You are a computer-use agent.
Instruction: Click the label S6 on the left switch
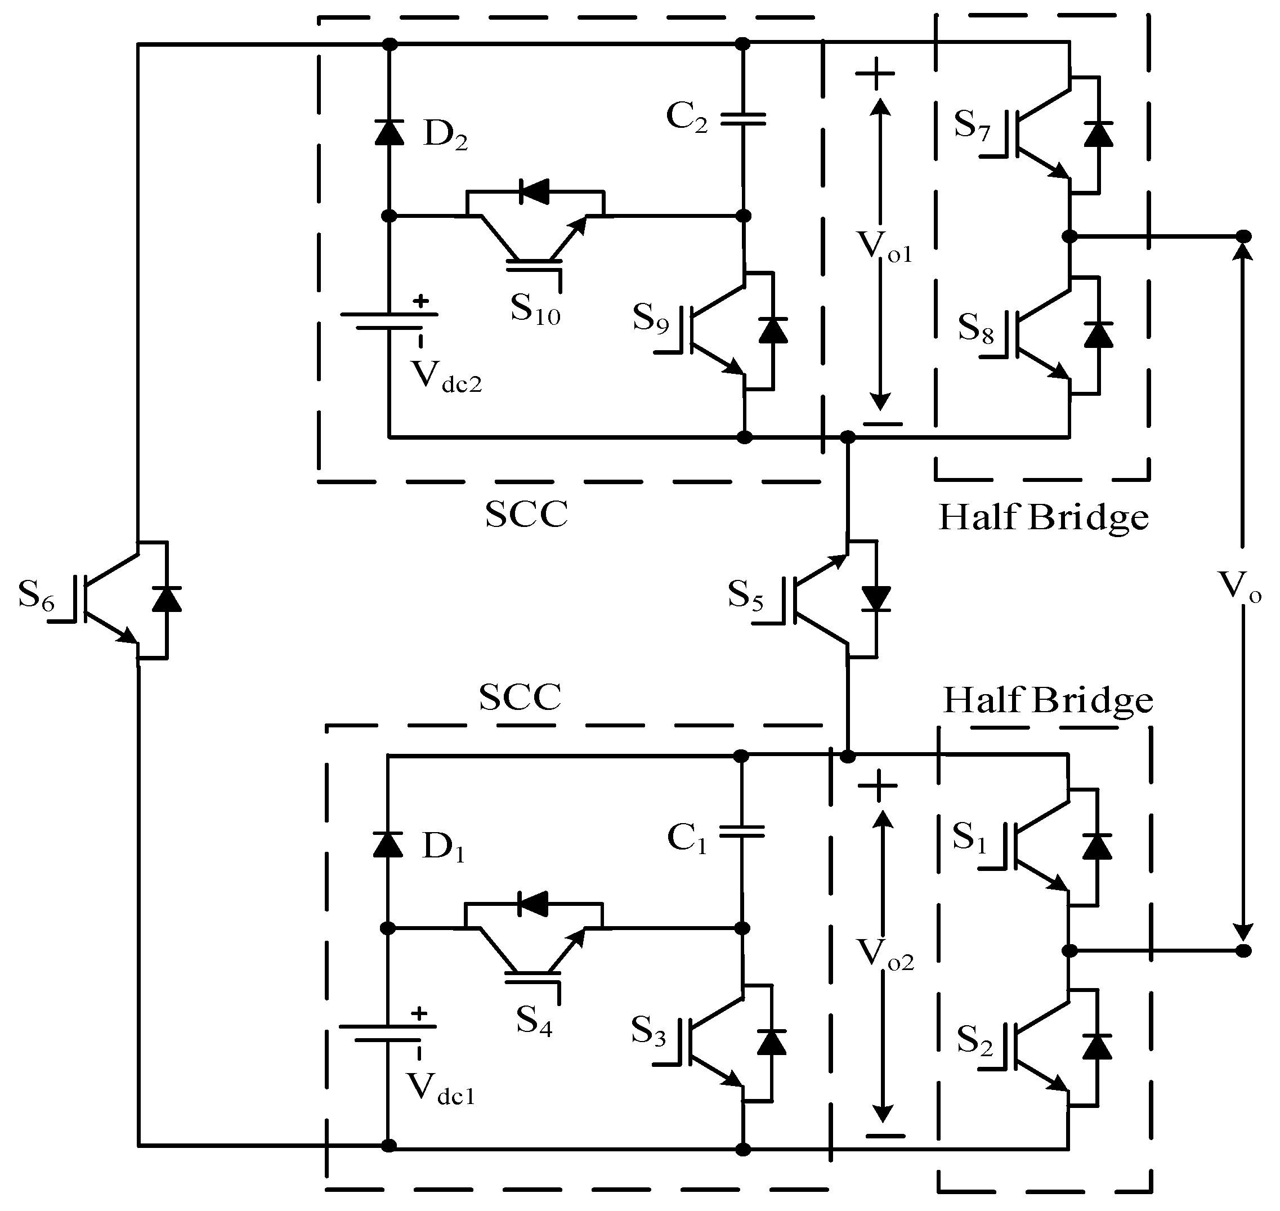pyautogui.click(x=36, y=595)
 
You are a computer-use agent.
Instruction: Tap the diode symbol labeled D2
pyautogui.click(x=389, y=133)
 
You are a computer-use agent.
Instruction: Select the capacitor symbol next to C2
pyautogui.click(x=743, y=118)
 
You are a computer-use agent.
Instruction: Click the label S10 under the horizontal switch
pyautogui.click(x=535, y=309)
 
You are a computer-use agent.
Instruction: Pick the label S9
pyautogui.click(x=650, y=318)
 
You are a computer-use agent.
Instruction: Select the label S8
pyautogui.click(x=975, y=329)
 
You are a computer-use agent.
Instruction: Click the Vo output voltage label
pyautogui.click(x=1239, y=587)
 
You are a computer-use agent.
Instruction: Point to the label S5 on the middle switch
pyautogui.click(x=745, y=596)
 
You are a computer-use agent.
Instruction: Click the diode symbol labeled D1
pyautogui.click(x=388, y=845)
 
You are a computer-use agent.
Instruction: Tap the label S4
pyautogui.click(x=534, y=1021)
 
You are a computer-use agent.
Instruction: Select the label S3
pyautogui.click(x=648, y=1031)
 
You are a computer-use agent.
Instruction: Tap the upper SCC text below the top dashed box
pyautogui.click(x=526, y=515)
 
